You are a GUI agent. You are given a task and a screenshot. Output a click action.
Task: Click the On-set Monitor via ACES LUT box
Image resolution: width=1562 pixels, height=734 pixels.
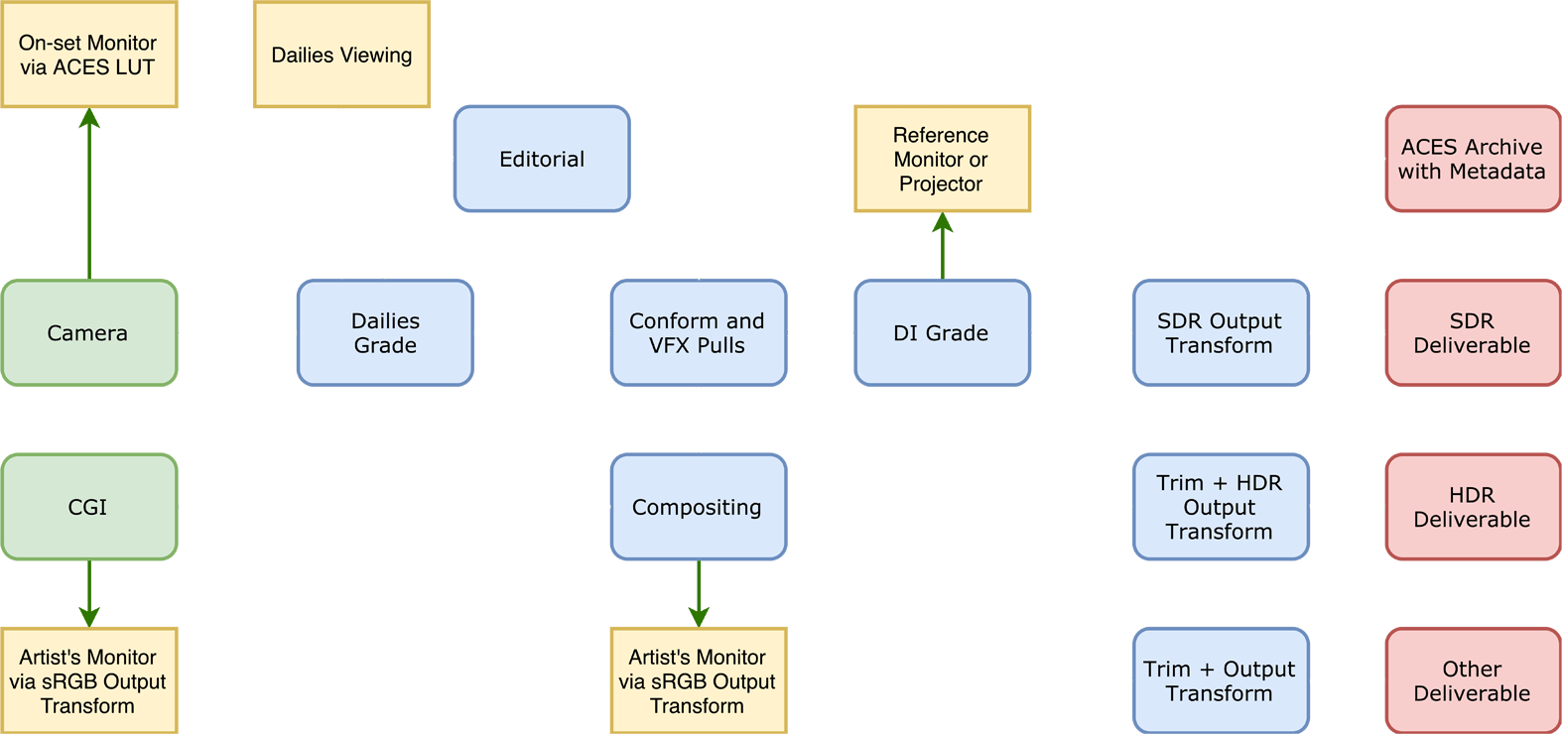[x=89, y=55]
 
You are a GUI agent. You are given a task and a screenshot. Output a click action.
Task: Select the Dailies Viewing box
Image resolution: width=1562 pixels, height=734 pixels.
[x=341, y=55]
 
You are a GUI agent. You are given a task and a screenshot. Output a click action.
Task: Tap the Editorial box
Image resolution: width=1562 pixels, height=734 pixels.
[x=542, y=159]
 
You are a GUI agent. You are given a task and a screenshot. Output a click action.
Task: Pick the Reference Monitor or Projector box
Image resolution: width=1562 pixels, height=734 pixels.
[x=942, y=159]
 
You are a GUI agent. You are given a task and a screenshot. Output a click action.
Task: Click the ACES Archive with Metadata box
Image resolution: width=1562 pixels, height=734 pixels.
[x=1473, y=159]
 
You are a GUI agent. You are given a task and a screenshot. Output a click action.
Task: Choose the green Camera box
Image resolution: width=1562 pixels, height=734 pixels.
[x=89, y=333]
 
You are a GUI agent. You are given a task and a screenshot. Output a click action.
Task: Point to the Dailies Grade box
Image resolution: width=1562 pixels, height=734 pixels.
[x=385, y=333]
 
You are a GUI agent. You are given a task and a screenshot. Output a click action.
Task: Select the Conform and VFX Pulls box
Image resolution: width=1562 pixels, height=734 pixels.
[x=699, y=333]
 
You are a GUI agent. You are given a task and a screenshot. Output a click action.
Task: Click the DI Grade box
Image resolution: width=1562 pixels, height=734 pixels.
[x=942, y=333]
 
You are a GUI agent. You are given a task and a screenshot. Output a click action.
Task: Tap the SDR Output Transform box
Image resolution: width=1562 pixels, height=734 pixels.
[x=1221, y=333]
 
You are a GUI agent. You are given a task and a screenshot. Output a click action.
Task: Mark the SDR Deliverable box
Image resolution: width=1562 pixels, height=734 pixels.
[x=1473, y=333]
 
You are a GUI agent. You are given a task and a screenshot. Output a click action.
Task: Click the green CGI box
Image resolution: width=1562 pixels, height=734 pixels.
[x=89, y=507]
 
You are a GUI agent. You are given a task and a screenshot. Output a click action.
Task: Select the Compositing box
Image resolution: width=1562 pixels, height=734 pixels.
[x=699, y=507]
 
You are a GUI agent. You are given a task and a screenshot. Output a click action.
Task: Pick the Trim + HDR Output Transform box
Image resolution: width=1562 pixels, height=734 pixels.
[x=1221, y=507]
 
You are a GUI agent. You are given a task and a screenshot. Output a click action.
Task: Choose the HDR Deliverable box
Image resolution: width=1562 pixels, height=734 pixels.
[x=1473, y=507]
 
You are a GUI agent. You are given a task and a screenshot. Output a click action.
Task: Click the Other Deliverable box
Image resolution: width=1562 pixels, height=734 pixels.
[x=1473, y=681]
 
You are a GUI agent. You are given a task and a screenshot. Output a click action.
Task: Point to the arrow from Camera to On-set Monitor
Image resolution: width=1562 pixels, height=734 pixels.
[x=89, y=193]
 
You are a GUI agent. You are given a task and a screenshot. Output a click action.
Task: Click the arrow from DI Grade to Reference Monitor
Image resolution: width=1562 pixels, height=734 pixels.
[x=942, y=246]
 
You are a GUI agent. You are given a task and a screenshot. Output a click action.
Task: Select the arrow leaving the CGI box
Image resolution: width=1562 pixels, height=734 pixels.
[x=89, y=594]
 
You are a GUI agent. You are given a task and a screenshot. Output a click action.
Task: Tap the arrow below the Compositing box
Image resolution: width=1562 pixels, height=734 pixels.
[x=699, y=594]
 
